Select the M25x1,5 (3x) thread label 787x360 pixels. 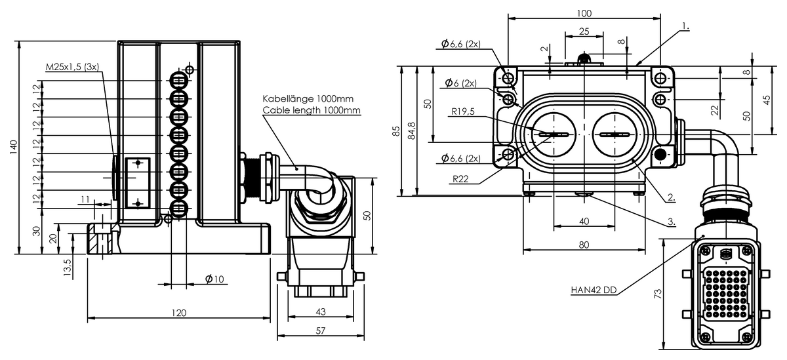point(72,67)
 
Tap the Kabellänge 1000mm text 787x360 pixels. point(308,98)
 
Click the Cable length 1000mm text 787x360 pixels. point(312,110)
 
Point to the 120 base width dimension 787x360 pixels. point(178,313)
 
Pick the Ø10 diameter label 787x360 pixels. point(214,279)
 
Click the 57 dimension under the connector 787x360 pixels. point(321,330)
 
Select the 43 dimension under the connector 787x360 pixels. point(321,311)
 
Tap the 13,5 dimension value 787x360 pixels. point(68,267)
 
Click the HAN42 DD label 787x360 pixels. point(594,290)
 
